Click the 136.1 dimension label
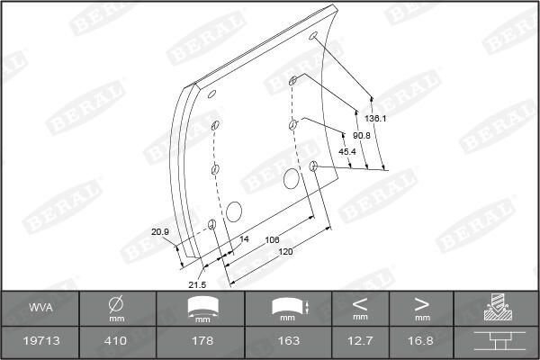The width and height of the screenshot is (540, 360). point(376,119)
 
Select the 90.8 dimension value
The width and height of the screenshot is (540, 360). point(362,135)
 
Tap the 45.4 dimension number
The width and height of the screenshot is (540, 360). point(346,152)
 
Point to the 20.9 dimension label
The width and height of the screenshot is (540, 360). point(160,232)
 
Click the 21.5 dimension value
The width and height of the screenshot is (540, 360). point(197,284)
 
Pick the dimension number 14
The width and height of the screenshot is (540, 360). point(244,239)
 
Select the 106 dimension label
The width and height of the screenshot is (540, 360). point(273,239)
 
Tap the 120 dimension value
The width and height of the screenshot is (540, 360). point(286,253)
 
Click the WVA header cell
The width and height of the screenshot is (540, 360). point(40,308)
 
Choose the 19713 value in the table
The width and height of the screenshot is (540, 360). point(40,341)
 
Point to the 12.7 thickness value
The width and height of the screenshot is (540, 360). point(360,341)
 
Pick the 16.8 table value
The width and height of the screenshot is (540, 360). point(421,341)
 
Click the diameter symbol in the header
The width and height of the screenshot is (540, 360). point(116,303)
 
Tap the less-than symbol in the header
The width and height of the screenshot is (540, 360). point(360,302)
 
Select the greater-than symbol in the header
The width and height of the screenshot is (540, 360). point(421,302)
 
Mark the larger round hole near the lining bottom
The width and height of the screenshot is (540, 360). point(235,212)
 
